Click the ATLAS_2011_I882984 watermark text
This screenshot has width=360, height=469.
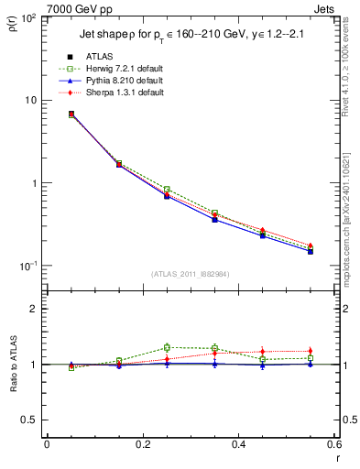(190, 274)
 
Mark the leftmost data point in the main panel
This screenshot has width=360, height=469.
(71, 115)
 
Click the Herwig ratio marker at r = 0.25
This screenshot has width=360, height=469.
(167, 347)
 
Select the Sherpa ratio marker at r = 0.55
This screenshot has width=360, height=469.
(311, 351)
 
